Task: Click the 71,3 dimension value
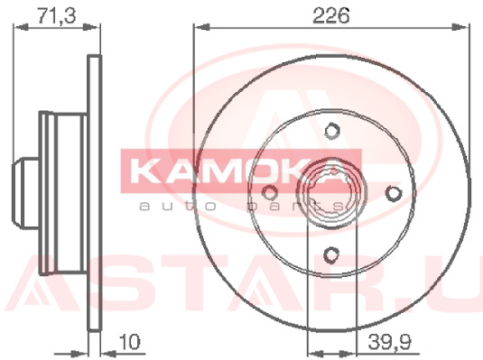click(x=56, y=15)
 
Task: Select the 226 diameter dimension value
click(x=331, y=15)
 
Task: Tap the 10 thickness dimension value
click(x=129, y=341)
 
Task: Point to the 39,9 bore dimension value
click(x=389, y=341)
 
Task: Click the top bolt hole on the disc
click(x=332, y=131)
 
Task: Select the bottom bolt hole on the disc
click(x=331, y=255)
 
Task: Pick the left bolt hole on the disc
click(x=270, y=193)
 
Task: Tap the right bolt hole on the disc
click(x=394, y=193)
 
